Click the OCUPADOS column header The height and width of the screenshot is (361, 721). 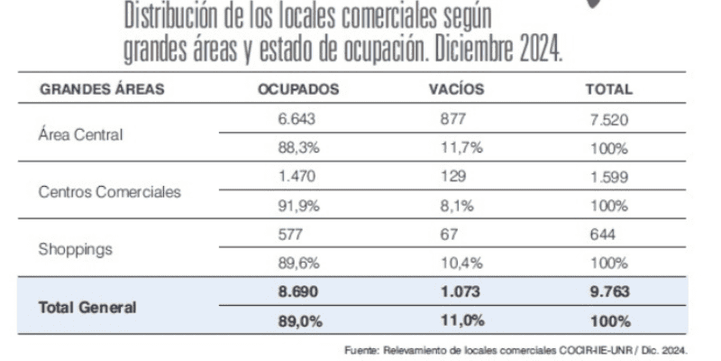coord(297,89)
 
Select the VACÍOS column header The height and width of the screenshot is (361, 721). coord(456,89)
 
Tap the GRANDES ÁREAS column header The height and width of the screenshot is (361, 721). coord(101,89)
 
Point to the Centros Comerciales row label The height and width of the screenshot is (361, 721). coord(110,191)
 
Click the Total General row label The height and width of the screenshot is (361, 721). coord(87,307)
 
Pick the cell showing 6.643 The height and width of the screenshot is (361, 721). coord(297,119)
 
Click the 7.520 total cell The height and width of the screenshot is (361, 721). coord(609,119)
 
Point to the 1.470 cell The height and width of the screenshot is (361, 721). coord(297,177)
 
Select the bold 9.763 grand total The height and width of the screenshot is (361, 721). coord(610,292)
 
